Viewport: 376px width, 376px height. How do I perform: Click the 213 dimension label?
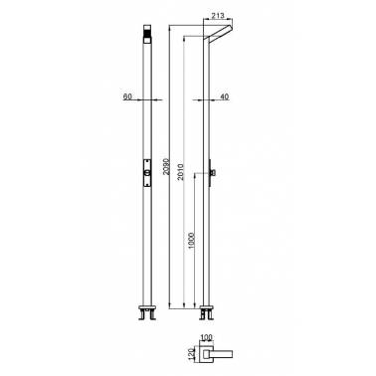point(217,15)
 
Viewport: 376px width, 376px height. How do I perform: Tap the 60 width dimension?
point(127,96)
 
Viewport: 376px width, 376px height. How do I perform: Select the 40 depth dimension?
point(225,96)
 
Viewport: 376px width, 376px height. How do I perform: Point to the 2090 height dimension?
point(166,167)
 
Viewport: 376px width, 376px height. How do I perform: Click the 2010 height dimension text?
point(181,172)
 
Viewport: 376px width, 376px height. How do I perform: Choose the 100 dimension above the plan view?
point(207,338)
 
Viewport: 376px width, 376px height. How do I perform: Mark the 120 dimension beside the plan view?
point(191,353)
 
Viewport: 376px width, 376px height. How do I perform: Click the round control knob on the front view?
point(147,172)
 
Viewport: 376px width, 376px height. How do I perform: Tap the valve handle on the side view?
point(213,172)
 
